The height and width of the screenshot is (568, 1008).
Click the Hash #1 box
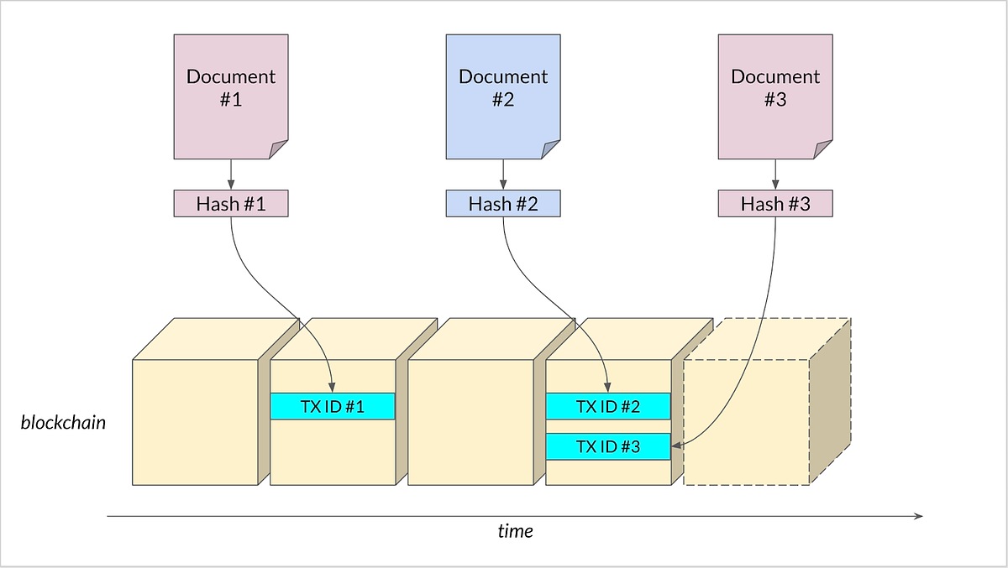tap(231, 204)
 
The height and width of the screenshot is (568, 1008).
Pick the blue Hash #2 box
tap(503, 204)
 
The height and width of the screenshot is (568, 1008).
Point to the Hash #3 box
tap(775, 204)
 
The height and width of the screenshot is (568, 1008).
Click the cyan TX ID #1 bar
tap(333, 407)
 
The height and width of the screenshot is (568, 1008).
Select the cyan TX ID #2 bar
tap(608, 407)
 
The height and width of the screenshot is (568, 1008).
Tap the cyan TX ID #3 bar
tap(608, 447)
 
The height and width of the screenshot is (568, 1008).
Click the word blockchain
tap(64, 422)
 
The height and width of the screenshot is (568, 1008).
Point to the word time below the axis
tap(515, 531)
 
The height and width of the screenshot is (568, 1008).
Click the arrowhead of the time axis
tap(919, 516)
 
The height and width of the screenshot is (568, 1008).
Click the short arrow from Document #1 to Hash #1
tap(231, 175)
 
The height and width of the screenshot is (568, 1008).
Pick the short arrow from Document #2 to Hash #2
tap(503, 175)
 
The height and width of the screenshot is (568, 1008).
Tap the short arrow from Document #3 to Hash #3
tap(775, 175)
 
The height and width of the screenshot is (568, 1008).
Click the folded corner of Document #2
tap(552, 150)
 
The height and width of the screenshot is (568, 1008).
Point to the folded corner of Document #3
tap(824, 150)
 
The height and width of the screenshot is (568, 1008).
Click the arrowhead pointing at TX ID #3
tap(677, 447)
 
